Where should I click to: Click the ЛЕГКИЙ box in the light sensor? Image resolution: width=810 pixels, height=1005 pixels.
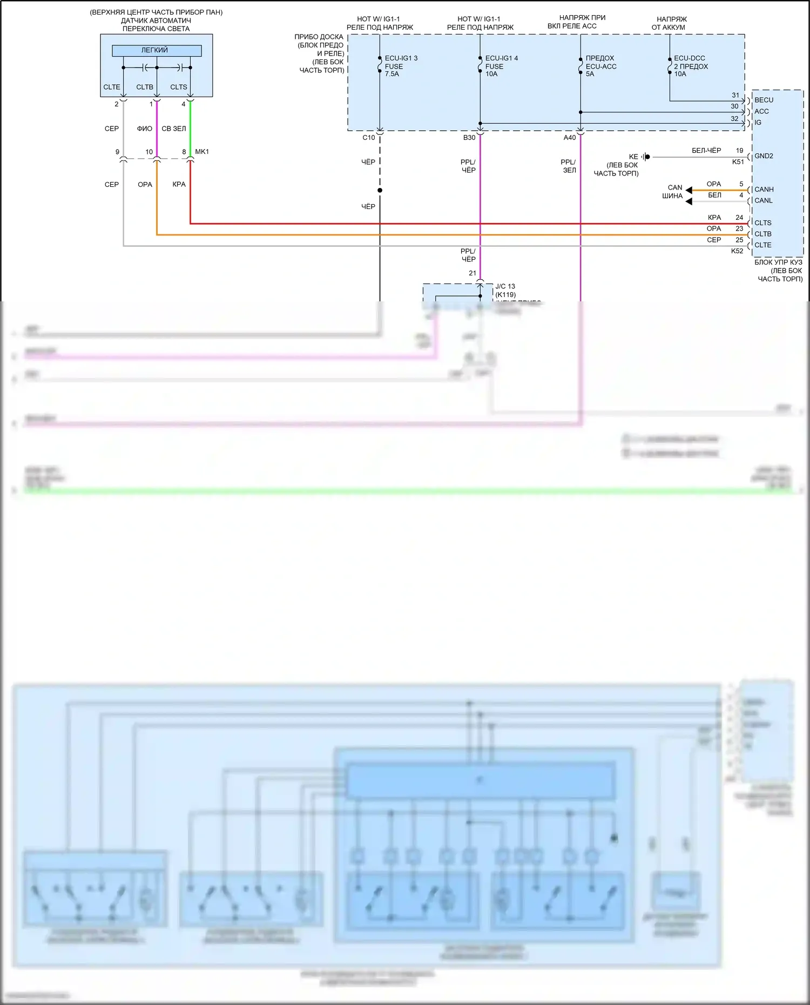coord(156,50)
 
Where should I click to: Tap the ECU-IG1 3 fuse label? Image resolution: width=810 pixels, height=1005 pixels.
coord(401,58)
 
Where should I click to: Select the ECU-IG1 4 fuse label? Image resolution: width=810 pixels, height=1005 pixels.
coord(501,58)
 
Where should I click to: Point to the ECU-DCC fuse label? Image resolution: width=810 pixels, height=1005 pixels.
coord(689,58)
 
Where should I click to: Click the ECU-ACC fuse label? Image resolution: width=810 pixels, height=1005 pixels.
coord(600,66)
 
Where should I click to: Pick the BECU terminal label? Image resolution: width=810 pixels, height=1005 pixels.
coord(764,100)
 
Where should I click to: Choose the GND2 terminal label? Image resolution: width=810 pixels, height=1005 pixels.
coord(764,156)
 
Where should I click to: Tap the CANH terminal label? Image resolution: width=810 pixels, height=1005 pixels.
coord(764,190)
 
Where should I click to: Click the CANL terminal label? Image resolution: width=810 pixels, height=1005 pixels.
coord(763,201)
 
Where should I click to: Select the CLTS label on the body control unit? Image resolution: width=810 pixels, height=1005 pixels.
coord(762,223)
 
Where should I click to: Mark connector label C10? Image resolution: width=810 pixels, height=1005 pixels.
coord(368,138)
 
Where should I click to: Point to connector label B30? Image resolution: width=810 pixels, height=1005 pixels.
coord(469,138)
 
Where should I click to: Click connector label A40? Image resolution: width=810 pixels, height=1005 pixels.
coord(570,138)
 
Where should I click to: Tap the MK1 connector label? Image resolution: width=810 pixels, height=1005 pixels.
coord(202,152)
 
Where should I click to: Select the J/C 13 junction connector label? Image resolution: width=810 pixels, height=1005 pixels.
coord(505,287)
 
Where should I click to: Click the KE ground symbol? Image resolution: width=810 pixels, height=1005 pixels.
coord(646,157)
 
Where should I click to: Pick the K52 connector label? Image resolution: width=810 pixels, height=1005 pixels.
coord(737,251)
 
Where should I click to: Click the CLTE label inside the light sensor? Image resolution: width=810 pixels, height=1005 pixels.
coord(112,87)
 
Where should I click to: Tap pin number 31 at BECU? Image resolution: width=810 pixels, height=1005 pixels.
coord(735,95)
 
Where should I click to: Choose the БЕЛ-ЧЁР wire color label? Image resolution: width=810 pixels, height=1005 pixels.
coord(706,151)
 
